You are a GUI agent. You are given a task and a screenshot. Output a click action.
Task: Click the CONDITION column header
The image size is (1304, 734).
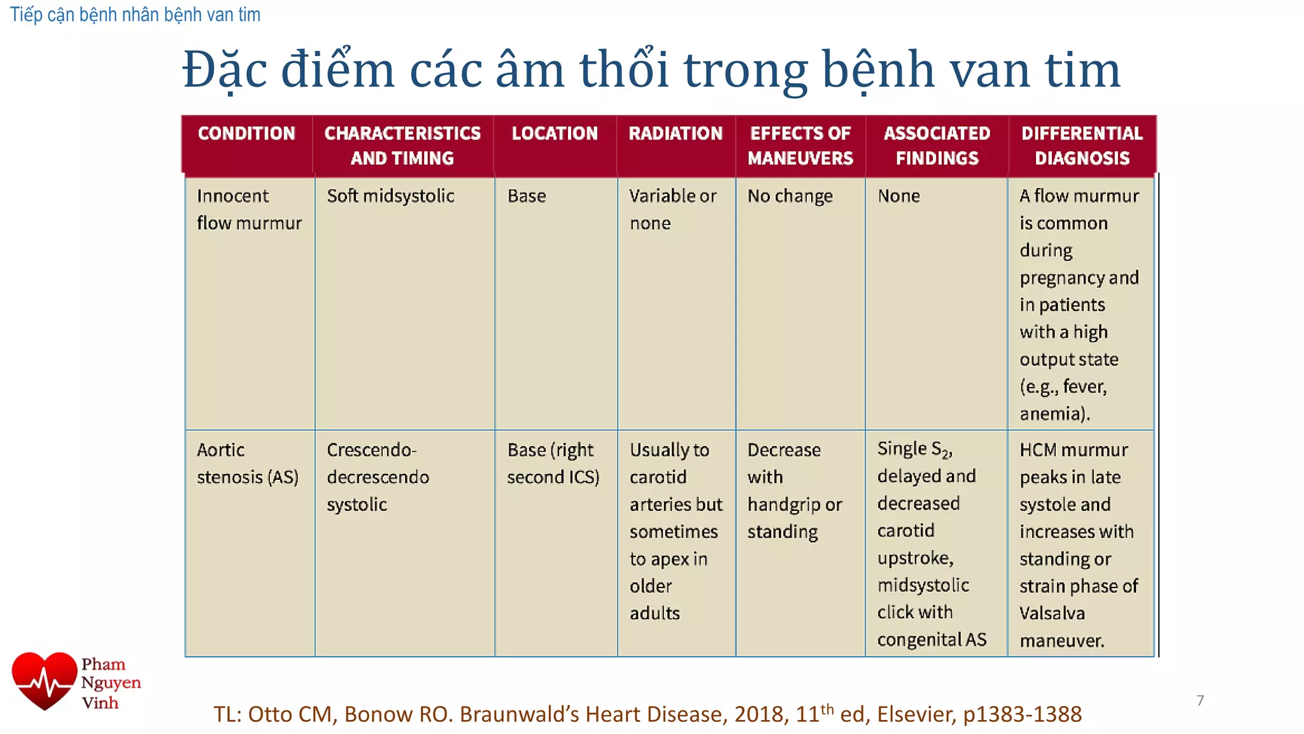246,133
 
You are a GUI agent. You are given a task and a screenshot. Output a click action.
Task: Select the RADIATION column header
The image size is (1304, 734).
676,133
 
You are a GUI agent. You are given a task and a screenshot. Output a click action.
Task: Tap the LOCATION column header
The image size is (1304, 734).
555,133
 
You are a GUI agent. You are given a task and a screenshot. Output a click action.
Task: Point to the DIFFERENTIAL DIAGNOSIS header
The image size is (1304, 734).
1082,145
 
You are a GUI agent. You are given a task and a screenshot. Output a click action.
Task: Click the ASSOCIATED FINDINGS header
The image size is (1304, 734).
937,145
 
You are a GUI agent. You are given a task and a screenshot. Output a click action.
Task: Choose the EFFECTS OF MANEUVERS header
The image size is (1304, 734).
800,145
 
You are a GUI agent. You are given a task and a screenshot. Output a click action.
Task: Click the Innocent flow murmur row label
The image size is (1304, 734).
249,209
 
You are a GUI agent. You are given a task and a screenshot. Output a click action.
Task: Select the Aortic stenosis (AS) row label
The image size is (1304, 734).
247,463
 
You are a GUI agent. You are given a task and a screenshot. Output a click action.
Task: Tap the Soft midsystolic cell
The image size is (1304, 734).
390,196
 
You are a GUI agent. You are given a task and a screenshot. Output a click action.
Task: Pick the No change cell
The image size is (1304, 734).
790,196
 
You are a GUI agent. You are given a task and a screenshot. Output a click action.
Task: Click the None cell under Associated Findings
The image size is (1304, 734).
898,196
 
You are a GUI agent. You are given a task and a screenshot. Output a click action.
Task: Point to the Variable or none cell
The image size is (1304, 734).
672,209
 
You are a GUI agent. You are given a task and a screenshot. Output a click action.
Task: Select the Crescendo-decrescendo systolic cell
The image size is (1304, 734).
378,477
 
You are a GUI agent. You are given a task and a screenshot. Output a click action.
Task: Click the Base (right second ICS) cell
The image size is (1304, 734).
553,463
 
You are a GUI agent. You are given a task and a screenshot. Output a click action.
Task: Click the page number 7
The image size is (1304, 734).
1200,700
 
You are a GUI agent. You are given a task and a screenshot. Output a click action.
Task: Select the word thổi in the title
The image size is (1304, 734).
624,69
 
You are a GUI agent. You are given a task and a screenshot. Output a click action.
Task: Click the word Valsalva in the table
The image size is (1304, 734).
1052,613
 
